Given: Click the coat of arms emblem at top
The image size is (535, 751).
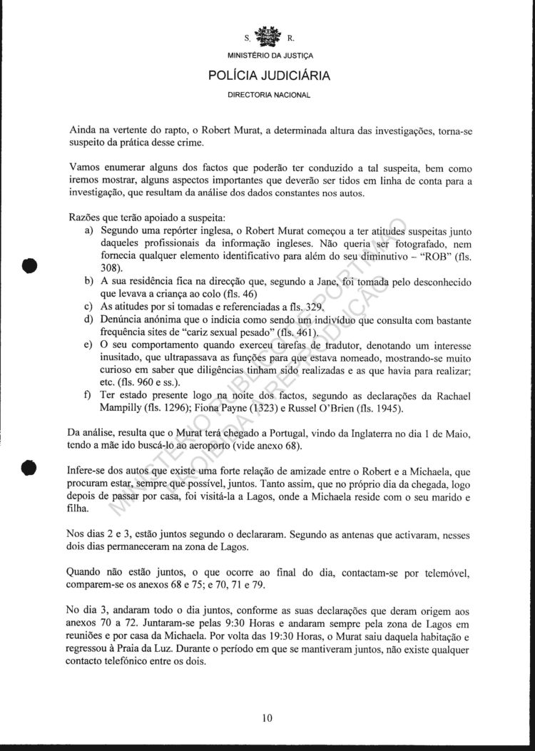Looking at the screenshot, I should (269, 36).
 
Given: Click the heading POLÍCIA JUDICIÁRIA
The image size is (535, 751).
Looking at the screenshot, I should (269, 75).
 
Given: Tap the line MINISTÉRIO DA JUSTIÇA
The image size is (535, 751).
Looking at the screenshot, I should (270, 56).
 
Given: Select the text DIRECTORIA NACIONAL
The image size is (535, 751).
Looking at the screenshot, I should (269, 94).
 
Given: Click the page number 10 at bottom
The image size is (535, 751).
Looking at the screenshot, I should (267, 718).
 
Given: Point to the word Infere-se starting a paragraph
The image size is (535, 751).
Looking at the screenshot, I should (91, 471).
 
